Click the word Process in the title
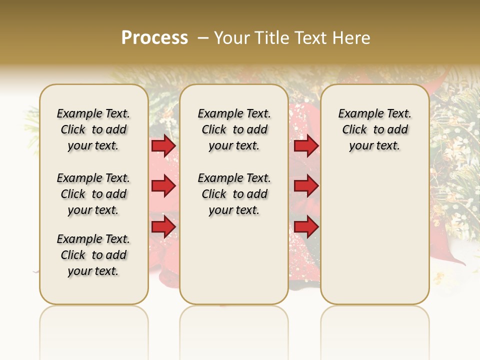[x=154, y=37]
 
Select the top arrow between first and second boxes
[x=163, y=146]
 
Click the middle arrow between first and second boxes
[x=163, y=186]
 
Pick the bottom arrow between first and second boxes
[x=163, y=227]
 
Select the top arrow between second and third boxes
[x=306, y=146]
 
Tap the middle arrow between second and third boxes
[x=306, y=186]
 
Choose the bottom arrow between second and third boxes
[x=306, y=227]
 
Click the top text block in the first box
[x=93, y=129]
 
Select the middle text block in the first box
[x=93, y=194]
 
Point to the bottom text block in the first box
[x=93, y=255]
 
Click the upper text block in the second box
[x=234, y=129]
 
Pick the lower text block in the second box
[x=234, y=194]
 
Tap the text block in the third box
[x=375, y=129]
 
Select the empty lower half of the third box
[x=375, y=235]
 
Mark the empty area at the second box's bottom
[x=234, y=265]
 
